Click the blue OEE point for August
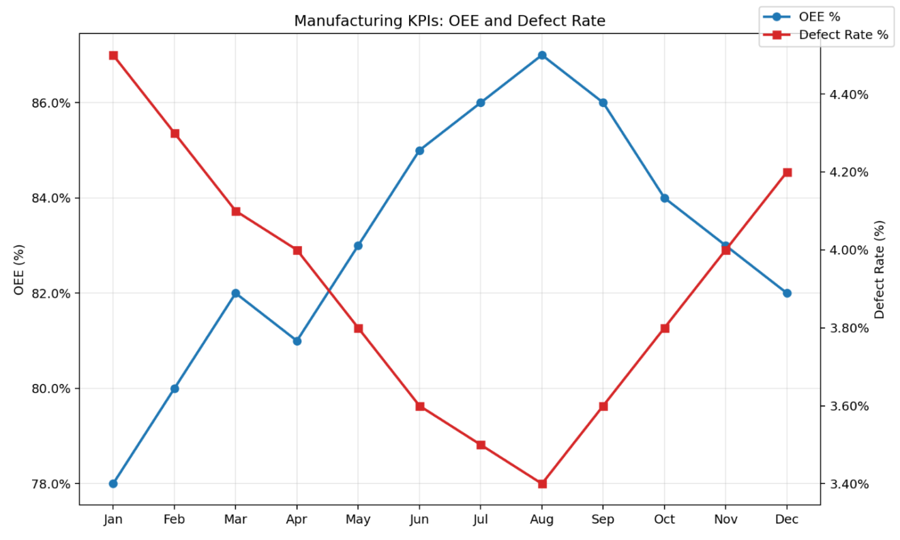point(542,55)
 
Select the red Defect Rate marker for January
point(113,55)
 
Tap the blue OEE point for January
point(113,483)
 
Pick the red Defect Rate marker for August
point(542,483)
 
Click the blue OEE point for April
point(297,341)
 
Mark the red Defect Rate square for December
point(787,172)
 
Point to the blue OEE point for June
point(419,151)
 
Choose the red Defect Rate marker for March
point(236,211)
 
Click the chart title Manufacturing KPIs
point(449,21)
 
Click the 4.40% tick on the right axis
point(849,94)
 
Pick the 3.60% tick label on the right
point(849,406)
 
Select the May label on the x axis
point(358,520)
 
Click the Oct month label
point(664,520)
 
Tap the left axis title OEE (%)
point(19,269)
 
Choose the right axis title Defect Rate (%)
point(880,269)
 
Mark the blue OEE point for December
point(787,293)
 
